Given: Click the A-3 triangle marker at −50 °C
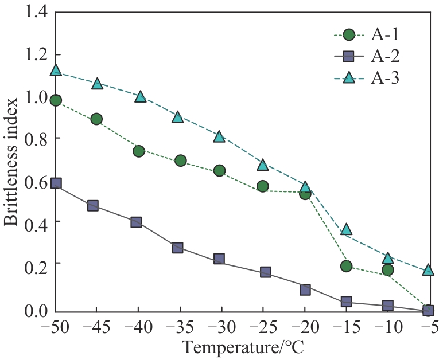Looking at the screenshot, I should click(x=56, y=70).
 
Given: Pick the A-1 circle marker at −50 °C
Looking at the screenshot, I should click(x=56, y=100).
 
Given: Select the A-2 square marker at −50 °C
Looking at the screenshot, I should click(x=56, y=183).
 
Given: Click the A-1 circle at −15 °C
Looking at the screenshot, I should click(x=346, y=266).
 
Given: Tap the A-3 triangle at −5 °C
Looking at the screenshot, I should click(x=428, y=269).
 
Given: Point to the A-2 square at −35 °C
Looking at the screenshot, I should click(x=178, y=248).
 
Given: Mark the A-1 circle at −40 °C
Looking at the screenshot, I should click(x=138, y=151).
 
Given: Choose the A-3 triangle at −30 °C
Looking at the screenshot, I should click(x=219, y=136).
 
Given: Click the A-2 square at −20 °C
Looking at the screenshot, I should click(x=305, y=289).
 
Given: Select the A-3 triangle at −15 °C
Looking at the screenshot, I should click(x=346, y=229).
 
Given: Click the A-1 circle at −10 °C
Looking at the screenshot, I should click(x=387, y=270).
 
